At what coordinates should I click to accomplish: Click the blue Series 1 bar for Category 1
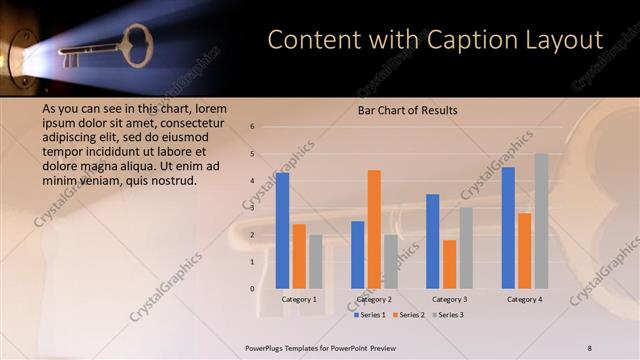[282, 231]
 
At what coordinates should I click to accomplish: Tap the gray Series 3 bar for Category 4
[541, 222]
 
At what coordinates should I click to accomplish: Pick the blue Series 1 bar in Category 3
[433, 241]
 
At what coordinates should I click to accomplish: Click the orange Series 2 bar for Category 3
[449, 264]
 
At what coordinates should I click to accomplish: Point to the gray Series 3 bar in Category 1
[316, 262]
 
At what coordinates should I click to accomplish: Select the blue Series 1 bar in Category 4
[508, 228]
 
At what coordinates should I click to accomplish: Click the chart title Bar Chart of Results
[407, 110]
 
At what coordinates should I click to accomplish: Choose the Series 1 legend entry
[371, 315]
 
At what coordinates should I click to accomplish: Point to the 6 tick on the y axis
[252, 127]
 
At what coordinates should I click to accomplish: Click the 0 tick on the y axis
[252, 289]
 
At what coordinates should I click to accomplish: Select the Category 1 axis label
[299, 299]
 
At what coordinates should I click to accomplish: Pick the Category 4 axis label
[524, 299]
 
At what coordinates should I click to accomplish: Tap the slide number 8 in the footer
[589, 347]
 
